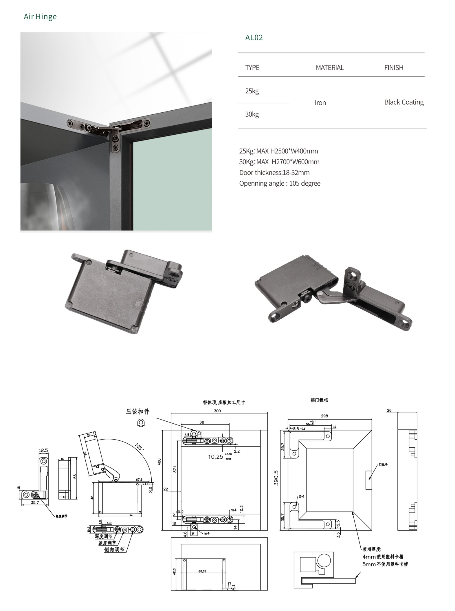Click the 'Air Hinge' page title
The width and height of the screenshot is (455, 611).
(40, 17)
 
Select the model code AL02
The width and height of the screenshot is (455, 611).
(254, 38)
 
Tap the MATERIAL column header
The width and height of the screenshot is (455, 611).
(329, 68)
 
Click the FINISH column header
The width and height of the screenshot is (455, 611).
(393, 68)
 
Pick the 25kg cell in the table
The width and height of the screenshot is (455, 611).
(252, 91)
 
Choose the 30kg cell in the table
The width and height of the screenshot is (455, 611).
(252, 114)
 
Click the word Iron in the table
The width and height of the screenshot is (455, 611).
(320, 103)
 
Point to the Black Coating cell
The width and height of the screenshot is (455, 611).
(403, 102)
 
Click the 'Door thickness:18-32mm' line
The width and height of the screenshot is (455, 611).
(274, 173)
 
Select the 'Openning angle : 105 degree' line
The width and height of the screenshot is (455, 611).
(279, 183)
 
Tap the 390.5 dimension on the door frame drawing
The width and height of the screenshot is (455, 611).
(276, 478)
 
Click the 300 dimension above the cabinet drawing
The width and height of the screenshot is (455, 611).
(217, 411)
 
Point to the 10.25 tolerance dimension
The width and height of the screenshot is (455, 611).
(216, 457)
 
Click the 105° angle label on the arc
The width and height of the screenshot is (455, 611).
(139, 447)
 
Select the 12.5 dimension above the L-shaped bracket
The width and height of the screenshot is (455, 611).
(43, 450)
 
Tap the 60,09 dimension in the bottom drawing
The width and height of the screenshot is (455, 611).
(202, 571)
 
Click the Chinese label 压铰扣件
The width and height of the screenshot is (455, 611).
(137, 411)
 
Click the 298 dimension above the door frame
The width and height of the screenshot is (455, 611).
(324, 416)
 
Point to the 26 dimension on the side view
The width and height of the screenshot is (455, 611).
(389, 410)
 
